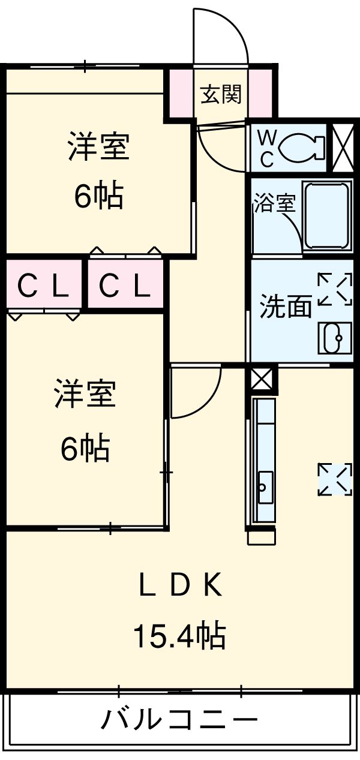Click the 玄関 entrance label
point(221,94)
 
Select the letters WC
point(266,148)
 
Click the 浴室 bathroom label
point(274,203)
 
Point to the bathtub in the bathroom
point(328,217)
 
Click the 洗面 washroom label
point(286,307)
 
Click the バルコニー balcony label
point(179,719)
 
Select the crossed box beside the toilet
point(343,147)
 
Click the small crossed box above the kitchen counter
point(262,379)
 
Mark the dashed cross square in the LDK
point(335,479)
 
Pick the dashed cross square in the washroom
point(335,290)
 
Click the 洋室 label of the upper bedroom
point(98,148)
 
